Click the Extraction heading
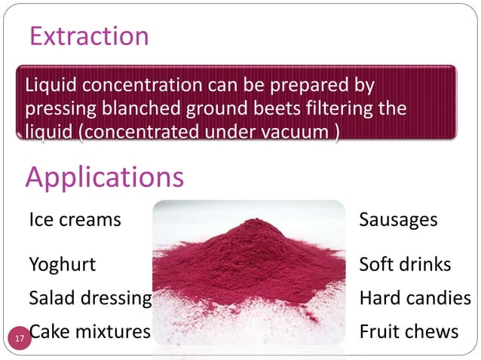point(88,35)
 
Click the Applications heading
point(104,178)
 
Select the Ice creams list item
point(75,220)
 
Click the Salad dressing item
point(90,297)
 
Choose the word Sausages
point(398,220)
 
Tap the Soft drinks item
point(405,264)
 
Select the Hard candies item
point(415,297)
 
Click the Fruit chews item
point(409,331)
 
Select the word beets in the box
point(256,108)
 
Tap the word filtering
point(324,108)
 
